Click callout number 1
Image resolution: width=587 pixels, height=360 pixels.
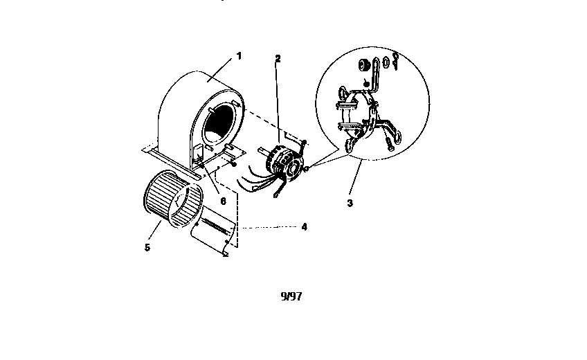(x=239, y=56)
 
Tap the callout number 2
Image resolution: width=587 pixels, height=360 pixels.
(x=278, y=59)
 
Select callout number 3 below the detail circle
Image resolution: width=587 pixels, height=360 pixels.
(x=350, y=204)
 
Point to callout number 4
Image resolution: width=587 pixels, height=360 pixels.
(x=305, y=227)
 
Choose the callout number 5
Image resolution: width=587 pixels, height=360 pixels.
(x=147, y=247)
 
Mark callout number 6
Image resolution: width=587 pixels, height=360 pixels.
(x=223, y=201)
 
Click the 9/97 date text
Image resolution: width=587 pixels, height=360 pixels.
(x=291, y=296)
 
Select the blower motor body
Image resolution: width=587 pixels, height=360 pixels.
(x=284, y=163)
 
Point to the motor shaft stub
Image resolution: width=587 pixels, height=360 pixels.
(x=262, y=152)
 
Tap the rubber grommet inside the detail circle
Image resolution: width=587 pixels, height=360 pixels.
(x=363, y=65)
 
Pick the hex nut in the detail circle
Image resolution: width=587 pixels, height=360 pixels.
(x=386, y=62)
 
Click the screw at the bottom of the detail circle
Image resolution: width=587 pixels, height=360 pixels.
(x=389, y=144)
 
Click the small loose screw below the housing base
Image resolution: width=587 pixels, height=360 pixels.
(x=234, y=163)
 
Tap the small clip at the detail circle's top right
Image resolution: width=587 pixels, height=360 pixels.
(x=395, y=61)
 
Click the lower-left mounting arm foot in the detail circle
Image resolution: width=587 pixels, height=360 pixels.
(x=351, y=145)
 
